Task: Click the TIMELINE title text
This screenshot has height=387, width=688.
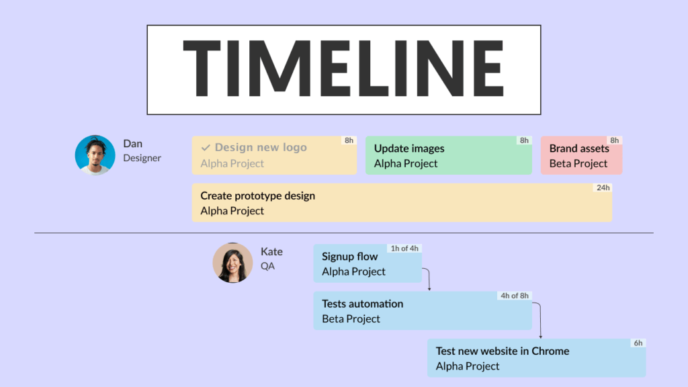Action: click(343, 69)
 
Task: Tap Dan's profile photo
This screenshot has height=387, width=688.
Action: click(95, 155)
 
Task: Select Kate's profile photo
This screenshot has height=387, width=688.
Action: click(232, 263)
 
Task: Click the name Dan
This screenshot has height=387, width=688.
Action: click(132, 144)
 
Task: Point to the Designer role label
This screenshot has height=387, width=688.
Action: click(142, 158)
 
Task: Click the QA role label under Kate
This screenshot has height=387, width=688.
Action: click(267, 266)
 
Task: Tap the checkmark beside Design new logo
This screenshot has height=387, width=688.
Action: click(206, 148)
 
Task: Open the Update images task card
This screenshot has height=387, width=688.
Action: click(448, 156)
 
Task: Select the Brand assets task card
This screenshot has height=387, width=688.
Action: click(581, 156)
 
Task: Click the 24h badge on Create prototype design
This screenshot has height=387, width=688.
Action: click(603, 188)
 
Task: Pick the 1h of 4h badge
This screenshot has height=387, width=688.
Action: click(404, 249)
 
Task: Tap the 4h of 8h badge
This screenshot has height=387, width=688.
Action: click(515, 296)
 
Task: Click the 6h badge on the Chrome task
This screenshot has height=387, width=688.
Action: click(638, 343)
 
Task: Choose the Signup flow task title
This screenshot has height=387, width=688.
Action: click(349, 257)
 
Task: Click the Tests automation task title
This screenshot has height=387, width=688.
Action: click(362, 304)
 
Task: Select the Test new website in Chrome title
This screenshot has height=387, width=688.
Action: click(502, 351)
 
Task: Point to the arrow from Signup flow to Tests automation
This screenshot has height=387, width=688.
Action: click(429, 279)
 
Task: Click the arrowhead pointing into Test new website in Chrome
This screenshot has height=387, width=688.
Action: click(540, 335)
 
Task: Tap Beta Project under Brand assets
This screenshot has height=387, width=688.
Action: click(578, 163)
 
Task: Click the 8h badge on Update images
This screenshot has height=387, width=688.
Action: click(523, 140)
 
